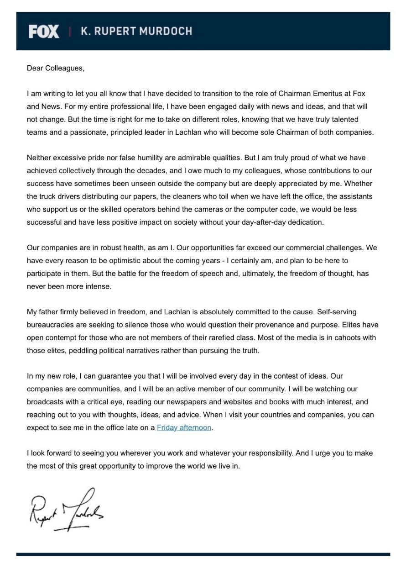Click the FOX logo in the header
(44, 31)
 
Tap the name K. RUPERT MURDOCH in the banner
(136, 31)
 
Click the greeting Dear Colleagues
(56, 68)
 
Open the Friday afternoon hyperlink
(184, 427)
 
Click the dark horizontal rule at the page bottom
(203, 554)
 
